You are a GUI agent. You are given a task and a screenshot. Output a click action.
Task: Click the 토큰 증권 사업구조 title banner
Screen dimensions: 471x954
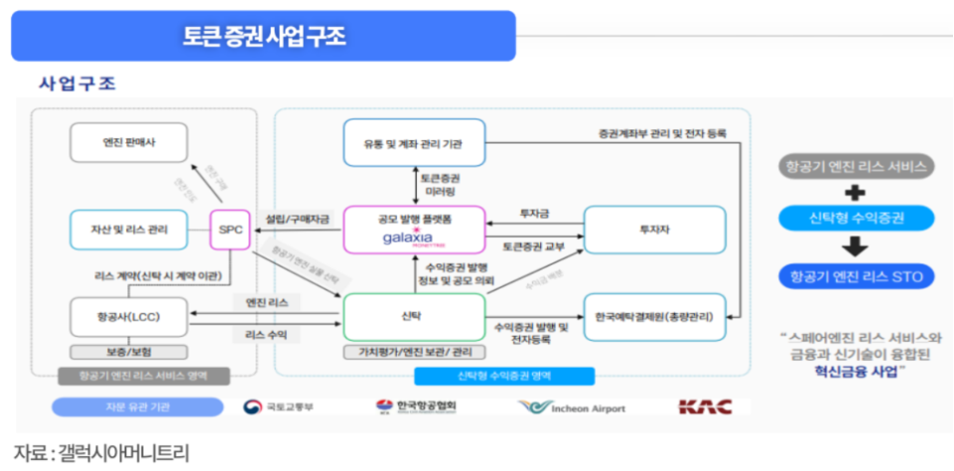point(263,37)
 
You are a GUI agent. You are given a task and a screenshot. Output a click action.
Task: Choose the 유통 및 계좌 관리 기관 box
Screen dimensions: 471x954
point(414,143)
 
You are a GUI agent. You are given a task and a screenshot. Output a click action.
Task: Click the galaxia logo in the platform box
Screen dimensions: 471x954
point(413,238)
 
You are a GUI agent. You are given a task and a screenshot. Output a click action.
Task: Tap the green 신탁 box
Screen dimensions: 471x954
point(414,317)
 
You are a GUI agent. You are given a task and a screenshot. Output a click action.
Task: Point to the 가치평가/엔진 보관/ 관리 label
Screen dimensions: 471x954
point(414,352)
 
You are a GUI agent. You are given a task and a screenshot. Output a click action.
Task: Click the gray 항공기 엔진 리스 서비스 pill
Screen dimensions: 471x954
point(855,165)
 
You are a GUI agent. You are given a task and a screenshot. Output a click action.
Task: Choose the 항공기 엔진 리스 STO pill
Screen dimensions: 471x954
point(855,275)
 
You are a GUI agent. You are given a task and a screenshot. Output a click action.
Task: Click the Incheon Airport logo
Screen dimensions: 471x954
point(572,407)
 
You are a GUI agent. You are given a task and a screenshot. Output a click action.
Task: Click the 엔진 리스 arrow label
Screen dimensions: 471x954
point(267,302)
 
